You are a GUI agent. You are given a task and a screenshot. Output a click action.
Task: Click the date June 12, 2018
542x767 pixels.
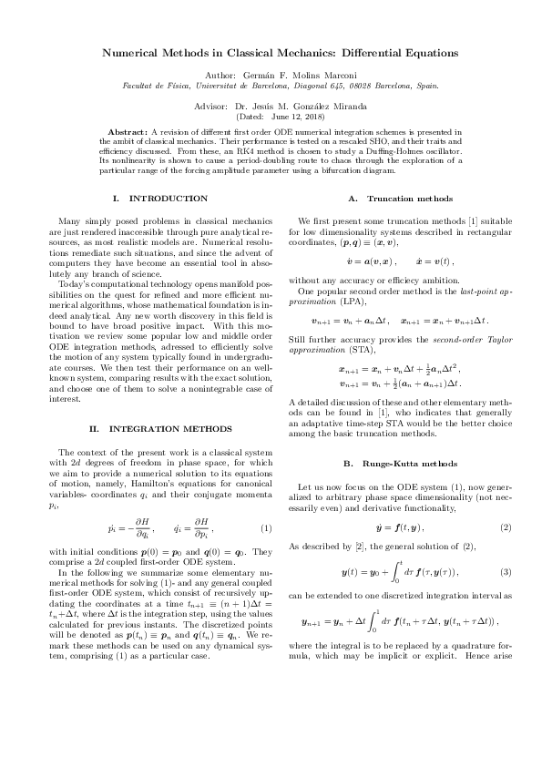click(x=288, y=117)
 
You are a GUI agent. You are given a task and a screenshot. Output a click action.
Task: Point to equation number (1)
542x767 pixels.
click(x=265, y=529)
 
